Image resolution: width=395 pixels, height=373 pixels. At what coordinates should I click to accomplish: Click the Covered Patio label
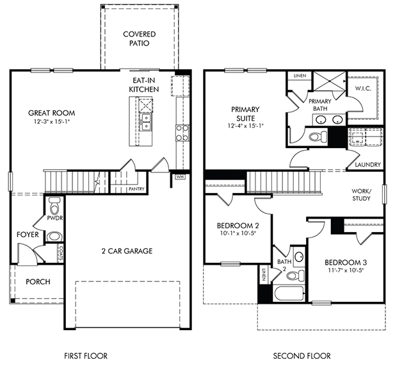pyautogui.click(x=140, y=38)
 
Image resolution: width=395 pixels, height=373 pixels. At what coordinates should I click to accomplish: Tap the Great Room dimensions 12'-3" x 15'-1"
pyautogui.click(x=52, y=121)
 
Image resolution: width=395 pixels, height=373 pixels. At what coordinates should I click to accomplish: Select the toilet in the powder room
pyautogui.click(x=54, y=206)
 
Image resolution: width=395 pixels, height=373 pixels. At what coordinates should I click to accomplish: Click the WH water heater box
pyautogui.click(x=180, y=176)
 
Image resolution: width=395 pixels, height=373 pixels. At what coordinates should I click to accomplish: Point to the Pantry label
pyautogui.click(x=136, y=189)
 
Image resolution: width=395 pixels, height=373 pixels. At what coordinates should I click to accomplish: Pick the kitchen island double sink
pyautogui.click(x=146, y=122)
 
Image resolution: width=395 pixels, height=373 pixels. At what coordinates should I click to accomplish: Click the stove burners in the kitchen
pyautogui.click(x=182, y=133)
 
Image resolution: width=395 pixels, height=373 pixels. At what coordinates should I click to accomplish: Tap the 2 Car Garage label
pyautogui.click(x=127, y=251)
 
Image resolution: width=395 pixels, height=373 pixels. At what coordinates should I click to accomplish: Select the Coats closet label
pyautogui.click(x=60, y=253)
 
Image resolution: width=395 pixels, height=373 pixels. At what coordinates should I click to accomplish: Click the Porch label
pyautogui.click(x=38, y=281)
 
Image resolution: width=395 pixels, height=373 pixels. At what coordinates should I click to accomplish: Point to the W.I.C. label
pyautogui.click(x=363, y=88)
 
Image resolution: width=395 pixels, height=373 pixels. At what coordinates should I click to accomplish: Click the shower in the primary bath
pyautogui.click(x=330, y=81)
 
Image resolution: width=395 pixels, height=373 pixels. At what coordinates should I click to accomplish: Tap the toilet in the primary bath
pyautogui.click(x=318, y=137)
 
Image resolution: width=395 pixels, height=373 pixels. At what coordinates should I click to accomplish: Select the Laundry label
pyautogui.click(x=368, y=165)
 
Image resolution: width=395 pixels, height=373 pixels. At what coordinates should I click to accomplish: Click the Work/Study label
pyautogui.click(x=362, y=194)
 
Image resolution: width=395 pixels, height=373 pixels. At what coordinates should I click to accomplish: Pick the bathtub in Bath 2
pyautogui.click(x=289, y=294)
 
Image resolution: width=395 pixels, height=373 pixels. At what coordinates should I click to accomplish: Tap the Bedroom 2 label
pyautogui.click(x=238, y=225)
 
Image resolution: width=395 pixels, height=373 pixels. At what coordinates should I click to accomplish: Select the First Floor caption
pyautogui.click(x=86, y=356)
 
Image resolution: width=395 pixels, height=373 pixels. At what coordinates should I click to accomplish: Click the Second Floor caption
pyautogui.click(x=302, y=356)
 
